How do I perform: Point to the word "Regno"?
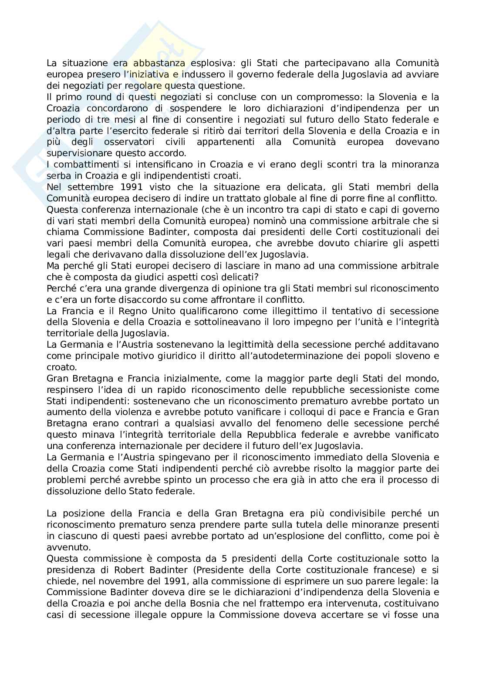click(110, 311)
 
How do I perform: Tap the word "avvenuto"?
click(64, 547)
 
